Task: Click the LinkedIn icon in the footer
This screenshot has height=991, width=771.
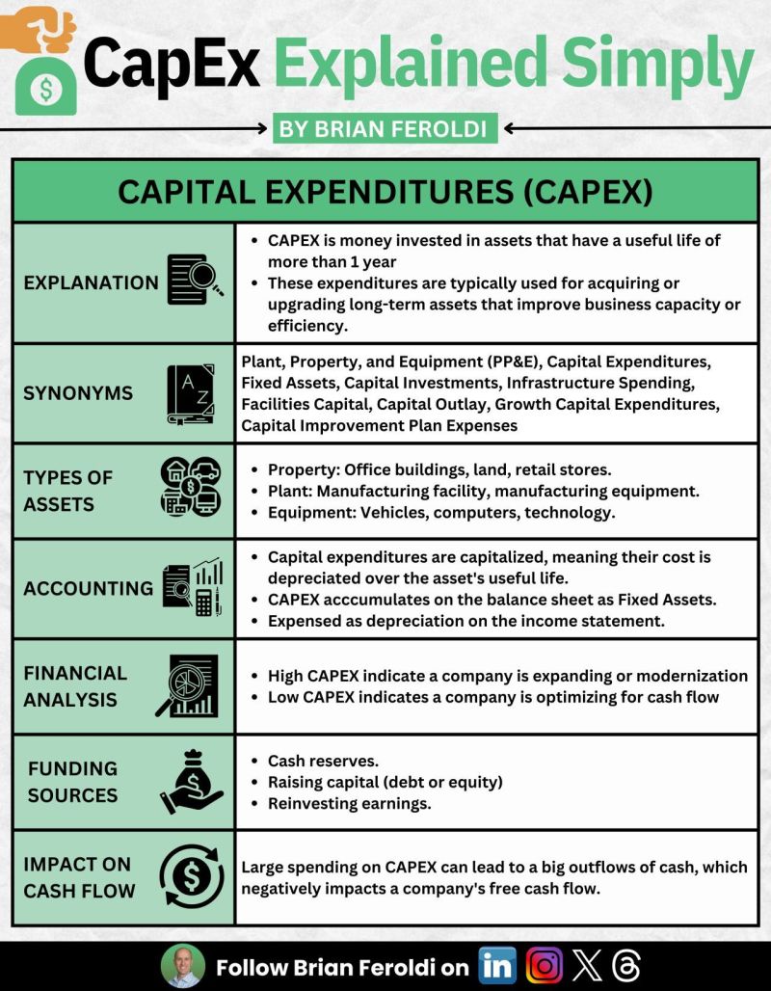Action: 497,965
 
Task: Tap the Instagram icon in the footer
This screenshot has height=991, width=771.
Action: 545,965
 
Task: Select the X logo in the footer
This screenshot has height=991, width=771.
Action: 586,965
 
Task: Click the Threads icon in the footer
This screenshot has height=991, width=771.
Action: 625,965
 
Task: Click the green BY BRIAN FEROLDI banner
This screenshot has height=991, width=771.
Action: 385,128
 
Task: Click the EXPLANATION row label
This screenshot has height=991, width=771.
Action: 91,282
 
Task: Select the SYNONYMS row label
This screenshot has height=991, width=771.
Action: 79,393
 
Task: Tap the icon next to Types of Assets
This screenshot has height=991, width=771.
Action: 192,490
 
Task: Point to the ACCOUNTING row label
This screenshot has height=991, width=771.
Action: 88,588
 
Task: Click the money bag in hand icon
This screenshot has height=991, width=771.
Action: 192,782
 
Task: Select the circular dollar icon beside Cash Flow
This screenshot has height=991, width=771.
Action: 192,877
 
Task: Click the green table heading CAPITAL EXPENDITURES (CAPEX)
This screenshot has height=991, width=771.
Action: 385,192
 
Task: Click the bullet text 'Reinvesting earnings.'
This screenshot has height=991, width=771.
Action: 349,803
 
